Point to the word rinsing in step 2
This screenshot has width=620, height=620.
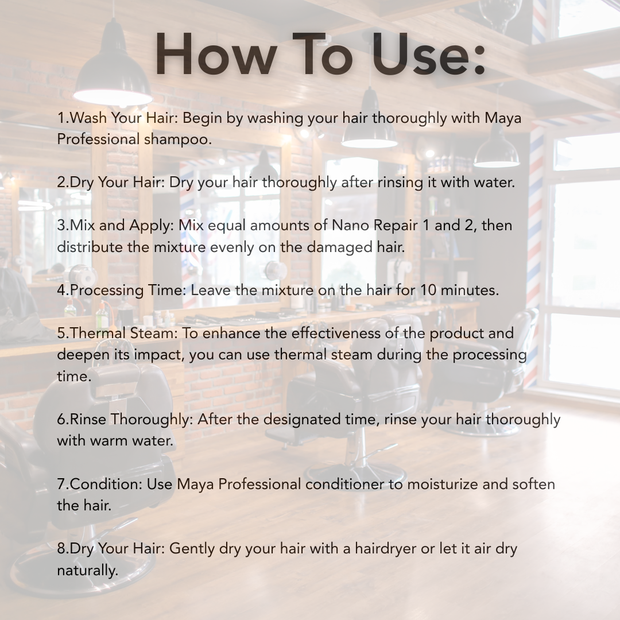[400, 183]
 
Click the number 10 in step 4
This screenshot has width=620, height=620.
[428, 290]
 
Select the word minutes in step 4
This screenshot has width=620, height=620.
[470, 290]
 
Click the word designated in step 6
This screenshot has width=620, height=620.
[302, 419]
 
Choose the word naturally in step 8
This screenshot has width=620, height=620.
[87, 571]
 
